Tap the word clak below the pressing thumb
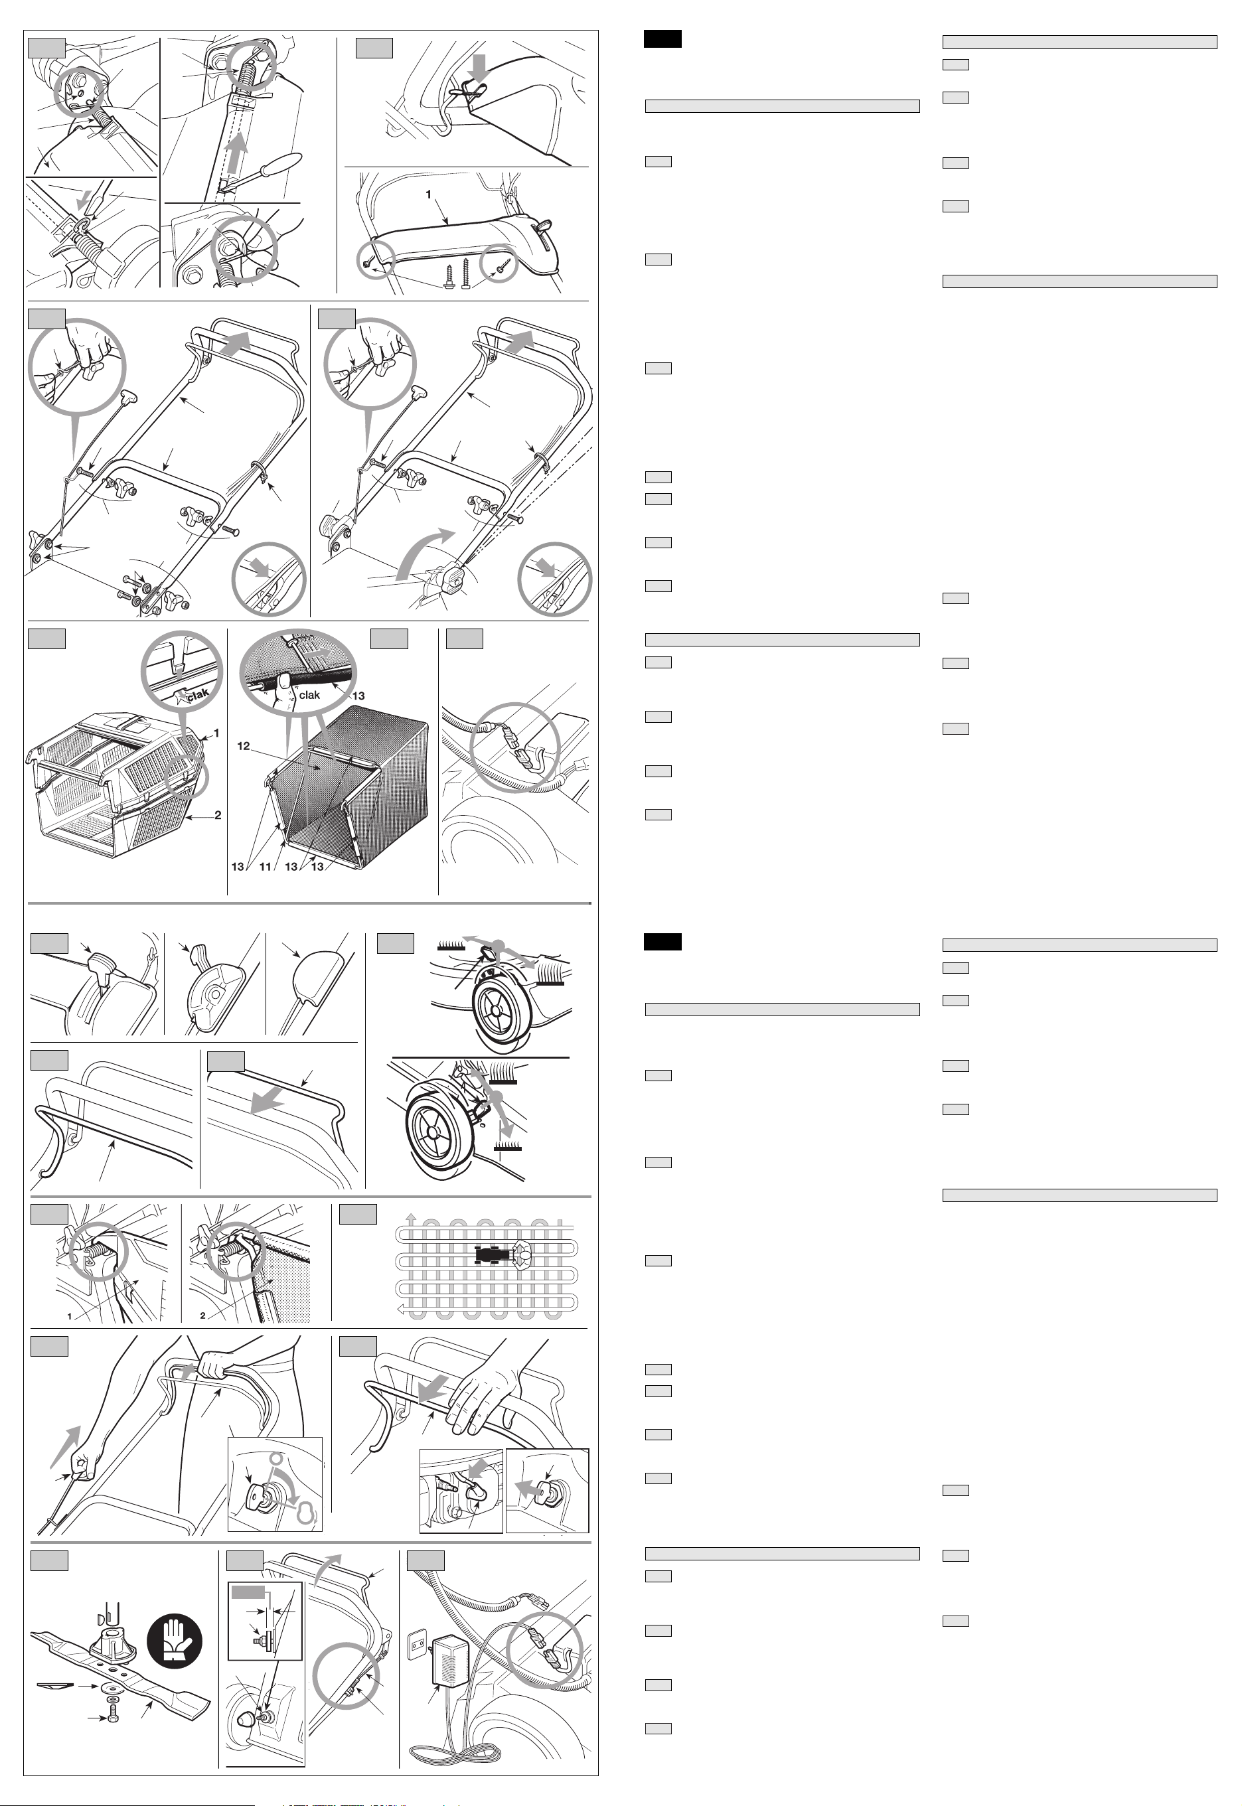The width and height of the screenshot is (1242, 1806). pyautogui.click(x=309, y=696)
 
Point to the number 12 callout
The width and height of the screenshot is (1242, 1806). pyautogui.click(x=244, y=745)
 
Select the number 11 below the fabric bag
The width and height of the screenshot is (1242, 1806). pyautogui.click(x=265, y=866)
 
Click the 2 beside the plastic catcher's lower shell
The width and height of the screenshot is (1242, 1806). pyautogui.click(x=218, y=814)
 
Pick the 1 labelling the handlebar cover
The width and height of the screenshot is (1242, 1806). pyautogui.click(x=428, y=194)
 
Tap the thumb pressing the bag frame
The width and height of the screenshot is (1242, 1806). pyautogui.click(x=285, y=685)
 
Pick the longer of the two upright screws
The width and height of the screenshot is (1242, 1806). pyautogui.click(x=466, y=273)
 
